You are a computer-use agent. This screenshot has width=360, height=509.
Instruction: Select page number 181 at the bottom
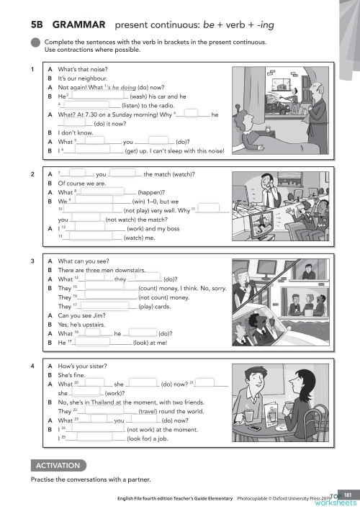click(x=346, y=493)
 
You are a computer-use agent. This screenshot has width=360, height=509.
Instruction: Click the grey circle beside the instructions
click(x=35, y=45)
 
